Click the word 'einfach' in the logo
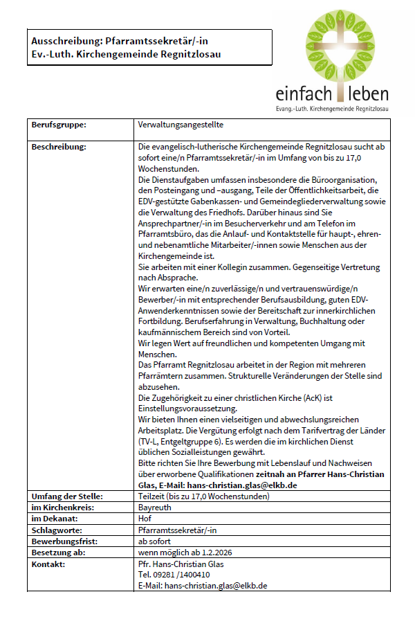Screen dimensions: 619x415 tap(299, 93)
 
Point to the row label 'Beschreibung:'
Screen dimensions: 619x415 tap(59, 147)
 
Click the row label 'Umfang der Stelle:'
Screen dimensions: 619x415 tap(67, 496)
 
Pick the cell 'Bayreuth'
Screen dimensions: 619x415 tap(156, 507)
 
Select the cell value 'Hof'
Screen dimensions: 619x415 tap(145, 518)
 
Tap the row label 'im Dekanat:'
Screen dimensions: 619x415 tap(55, 518)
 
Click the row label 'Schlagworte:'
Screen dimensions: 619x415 tap(56, 529)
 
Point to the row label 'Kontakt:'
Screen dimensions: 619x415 tap(48, 564)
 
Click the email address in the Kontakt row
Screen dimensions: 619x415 tap(215, 586)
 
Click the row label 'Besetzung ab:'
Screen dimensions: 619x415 tap(59, 552)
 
